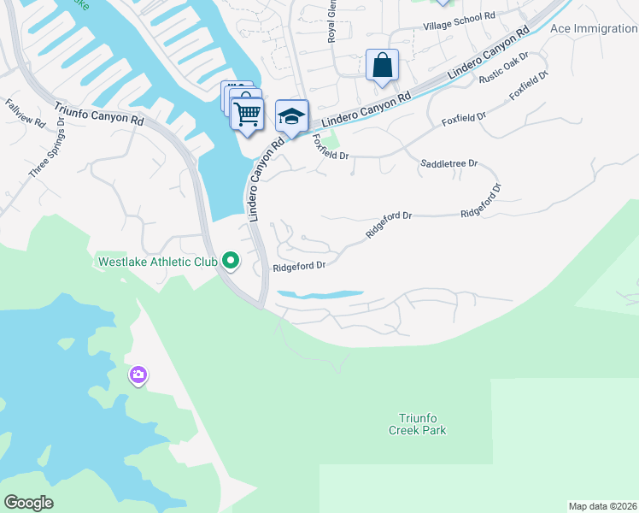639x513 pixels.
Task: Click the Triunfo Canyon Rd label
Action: (99, 115)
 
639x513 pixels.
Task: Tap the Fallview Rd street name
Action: (25, 114)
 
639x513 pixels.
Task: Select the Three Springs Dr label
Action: (47, 148)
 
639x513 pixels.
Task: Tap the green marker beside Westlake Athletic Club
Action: (230, 260)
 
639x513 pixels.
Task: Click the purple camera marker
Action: (138, 374)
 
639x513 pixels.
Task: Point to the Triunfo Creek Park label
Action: (423, 424)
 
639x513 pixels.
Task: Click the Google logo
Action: (29, 502)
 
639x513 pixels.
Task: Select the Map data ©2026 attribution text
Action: (602, 506)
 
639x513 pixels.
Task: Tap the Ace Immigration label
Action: (594, 28)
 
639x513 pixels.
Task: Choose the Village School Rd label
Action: (459, 16)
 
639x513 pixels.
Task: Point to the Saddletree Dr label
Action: (448, 162)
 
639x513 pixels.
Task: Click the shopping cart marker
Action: (247, 113)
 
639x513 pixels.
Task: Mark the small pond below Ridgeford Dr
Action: (320, 295)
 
